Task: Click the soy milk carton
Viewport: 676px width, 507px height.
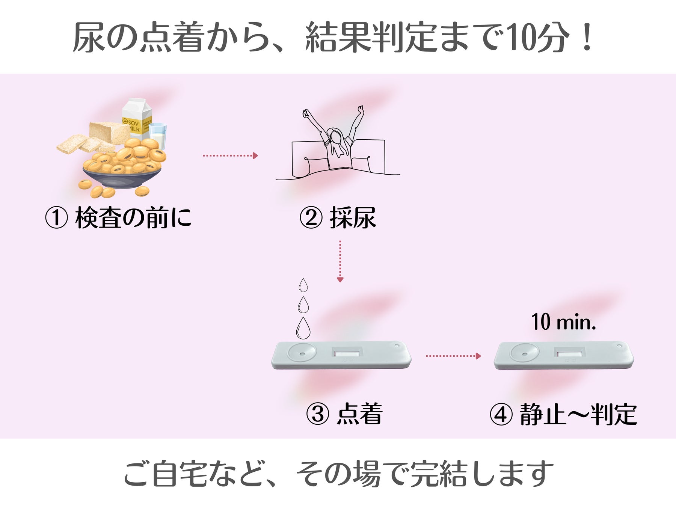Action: pyautogui.click(x=137, y=118)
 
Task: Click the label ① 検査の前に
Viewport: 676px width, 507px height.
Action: pyautogui.click(x=118, y=218)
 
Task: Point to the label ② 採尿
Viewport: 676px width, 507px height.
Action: pyautogui.click(x=338, y=218)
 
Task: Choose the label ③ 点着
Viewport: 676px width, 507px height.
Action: pyautogui.click(x=344, y=414)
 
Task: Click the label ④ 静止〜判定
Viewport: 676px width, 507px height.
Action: pyautogui.click(x=563, y=415)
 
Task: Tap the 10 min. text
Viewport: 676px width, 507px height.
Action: pyautogui.click(x=563, y=322)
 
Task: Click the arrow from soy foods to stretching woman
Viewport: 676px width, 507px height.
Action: pyautogui.click(x=230, y=155)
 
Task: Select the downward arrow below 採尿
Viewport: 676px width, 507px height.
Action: pyautogui.click(x=340, y=261)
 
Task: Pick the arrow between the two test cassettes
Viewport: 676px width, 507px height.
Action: pyautogui.click(x=453, y=356)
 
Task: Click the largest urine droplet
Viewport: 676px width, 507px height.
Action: pyautogui.click(x=303, y=328)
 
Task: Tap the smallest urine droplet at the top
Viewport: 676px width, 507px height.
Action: pyautogui.click(x=303, y=285)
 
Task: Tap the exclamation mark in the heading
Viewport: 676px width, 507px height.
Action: pyautogui.click(x=586, y=38)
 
